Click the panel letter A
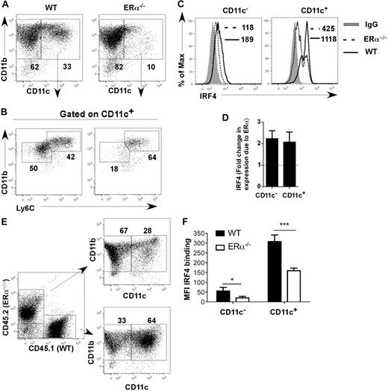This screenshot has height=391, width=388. [6, 7]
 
